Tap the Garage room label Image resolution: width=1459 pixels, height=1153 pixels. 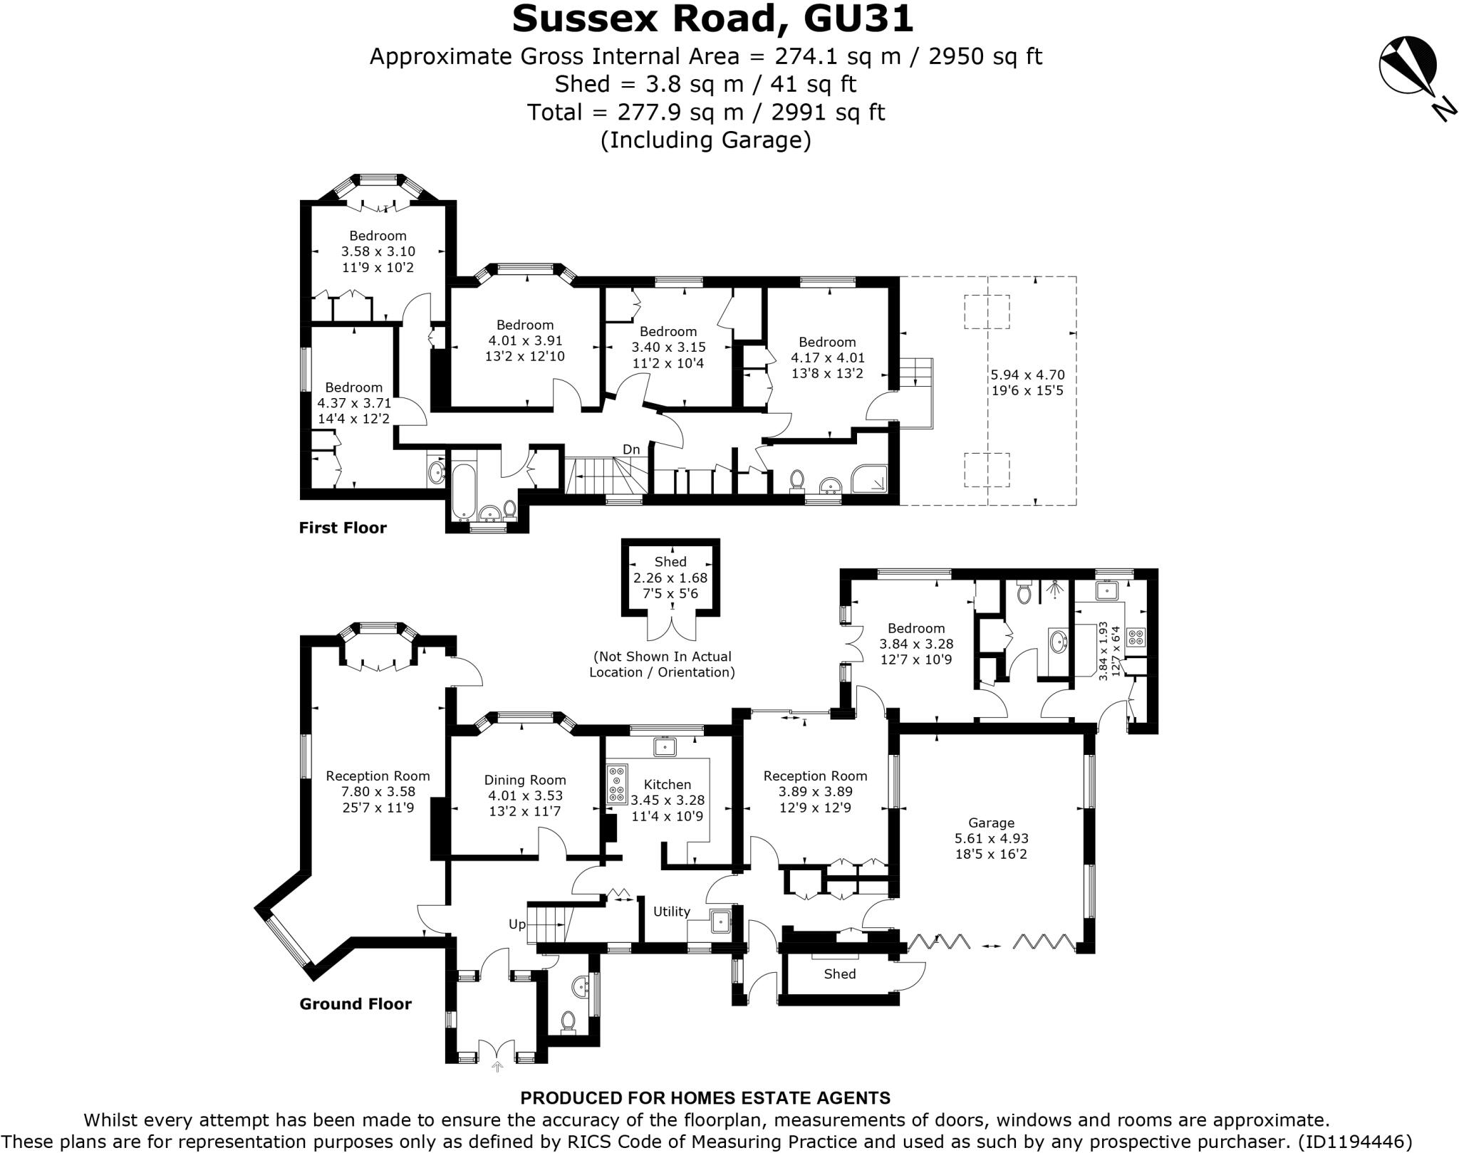click(991, 823)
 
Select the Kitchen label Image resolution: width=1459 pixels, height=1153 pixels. click(667, 784)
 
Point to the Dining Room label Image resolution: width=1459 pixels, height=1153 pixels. click(525, 781)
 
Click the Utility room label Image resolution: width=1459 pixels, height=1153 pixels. click(672, 912)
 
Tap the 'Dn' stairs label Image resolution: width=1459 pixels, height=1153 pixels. click(631, 449)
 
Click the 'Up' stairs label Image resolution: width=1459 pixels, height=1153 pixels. click(517, 924)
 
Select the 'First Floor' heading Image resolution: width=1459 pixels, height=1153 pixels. click(343, 528)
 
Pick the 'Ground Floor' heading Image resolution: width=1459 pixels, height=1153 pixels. click(355, 1004)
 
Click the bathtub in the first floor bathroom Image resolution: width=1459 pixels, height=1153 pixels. click(463, 491)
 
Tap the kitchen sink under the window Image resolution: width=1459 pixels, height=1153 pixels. click(665, 746)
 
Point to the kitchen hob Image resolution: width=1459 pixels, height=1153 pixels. click(617, 784)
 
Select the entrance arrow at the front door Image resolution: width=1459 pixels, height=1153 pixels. click(497, 1066)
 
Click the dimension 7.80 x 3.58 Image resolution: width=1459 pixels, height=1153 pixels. click(378, 791)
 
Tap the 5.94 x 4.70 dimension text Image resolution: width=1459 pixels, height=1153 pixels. click(1027, 375)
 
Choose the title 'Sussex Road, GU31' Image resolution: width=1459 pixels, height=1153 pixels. click(712, 19)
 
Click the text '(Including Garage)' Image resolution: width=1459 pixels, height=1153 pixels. click(706, 140)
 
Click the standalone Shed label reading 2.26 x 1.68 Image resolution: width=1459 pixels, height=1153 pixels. click(670, 578)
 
